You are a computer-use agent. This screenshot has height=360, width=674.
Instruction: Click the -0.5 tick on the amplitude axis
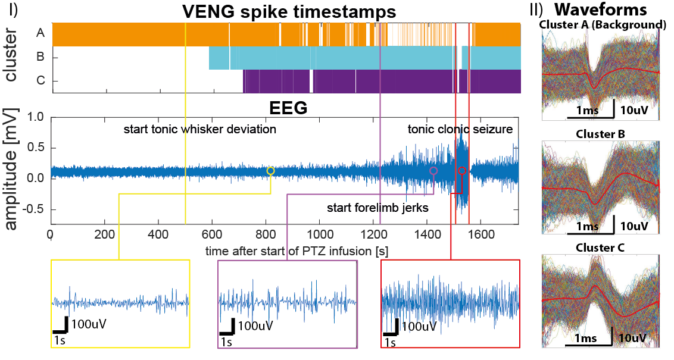pyautogui.click(x=33, y=209)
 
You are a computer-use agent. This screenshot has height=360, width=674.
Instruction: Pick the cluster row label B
pyautogui.click(x=40, y=58)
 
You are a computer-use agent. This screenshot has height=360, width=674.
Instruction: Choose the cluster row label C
pyautogui.click(x=40, y=82)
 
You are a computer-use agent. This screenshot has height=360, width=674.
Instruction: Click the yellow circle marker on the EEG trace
pyautogui.click(x=271, y=171)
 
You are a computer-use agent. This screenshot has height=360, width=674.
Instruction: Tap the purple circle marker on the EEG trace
pyautogui.click(x=433, y=171)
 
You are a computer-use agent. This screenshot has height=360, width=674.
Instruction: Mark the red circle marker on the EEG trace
pyautogui.click(x=462, y=171)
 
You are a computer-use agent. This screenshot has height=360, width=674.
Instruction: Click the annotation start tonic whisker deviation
pyautogui.click(x=199, y=129)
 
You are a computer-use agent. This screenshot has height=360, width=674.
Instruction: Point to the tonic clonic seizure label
pyautogui.click(x=460, y=129)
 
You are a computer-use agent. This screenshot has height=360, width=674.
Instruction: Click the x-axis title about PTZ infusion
pyautogui.click(x=297, y=251)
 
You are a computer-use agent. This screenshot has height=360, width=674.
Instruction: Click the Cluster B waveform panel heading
pyautogui.click(x=600, y=133)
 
